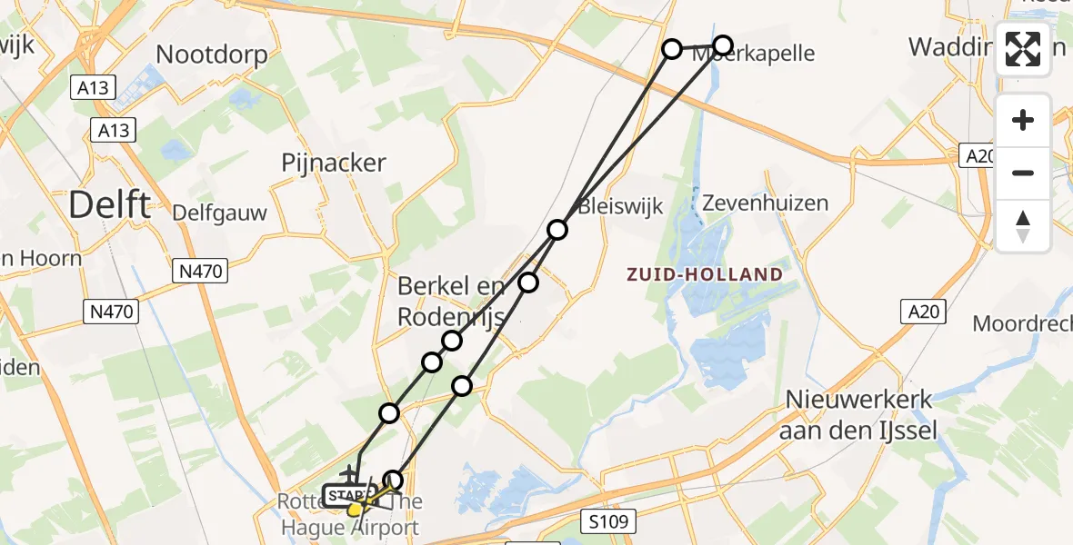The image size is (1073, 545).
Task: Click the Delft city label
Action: (x=109, y=205)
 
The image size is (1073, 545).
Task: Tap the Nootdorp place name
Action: (x=212, y=54)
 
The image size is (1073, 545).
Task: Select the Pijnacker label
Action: (x=334, y=163)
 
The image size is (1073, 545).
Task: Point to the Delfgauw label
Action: (x=220, y=213)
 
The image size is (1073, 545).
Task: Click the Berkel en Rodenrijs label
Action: (x=451, y=302)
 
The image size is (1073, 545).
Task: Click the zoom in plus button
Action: (x=1023, y=120)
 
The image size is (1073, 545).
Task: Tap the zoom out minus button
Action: (x=1023, y=173)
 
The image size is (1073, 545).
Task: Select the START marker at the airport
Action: (x=348, y=495)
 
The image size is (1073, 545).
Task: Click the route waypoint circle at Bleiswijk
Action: (x=557, y=230)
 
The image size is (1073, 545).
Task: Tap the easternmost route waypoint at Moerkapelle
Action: (x=722, y=45)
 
